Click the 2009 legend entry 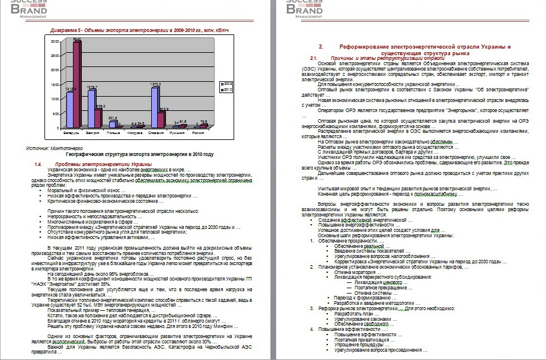click(228, 83)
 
